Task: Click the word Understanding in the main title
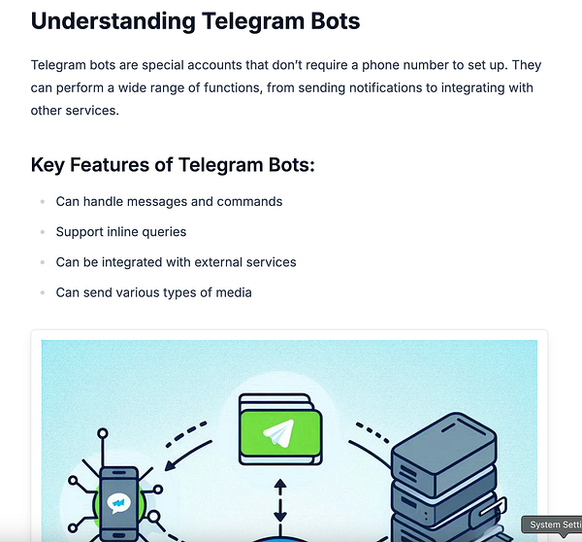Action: click(113, 21)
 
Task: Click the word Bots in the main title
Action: click(336, 20)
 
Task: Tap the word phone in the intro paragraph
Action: click(380, 65)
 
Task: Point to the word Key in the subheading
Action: click(48, 165)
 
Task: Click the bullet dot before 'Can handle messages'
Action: click(43, 202)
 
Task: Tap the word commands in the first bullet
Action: click(249, 201)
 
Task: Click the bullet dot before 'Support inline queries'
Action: click(43, 232)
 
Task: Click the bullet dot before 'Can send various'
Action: click(43, 293)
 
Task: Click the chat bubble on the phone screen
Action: click(118, 503)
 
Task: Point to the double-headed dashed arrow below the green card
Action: click(280, 501)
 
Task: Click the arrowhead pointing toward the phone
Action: click(170, 465)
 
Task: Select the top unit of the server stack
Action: click(444, 456)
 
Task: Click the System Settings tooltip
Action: click(552, 525)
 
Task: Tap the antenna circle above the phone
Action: click(103, 433)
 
